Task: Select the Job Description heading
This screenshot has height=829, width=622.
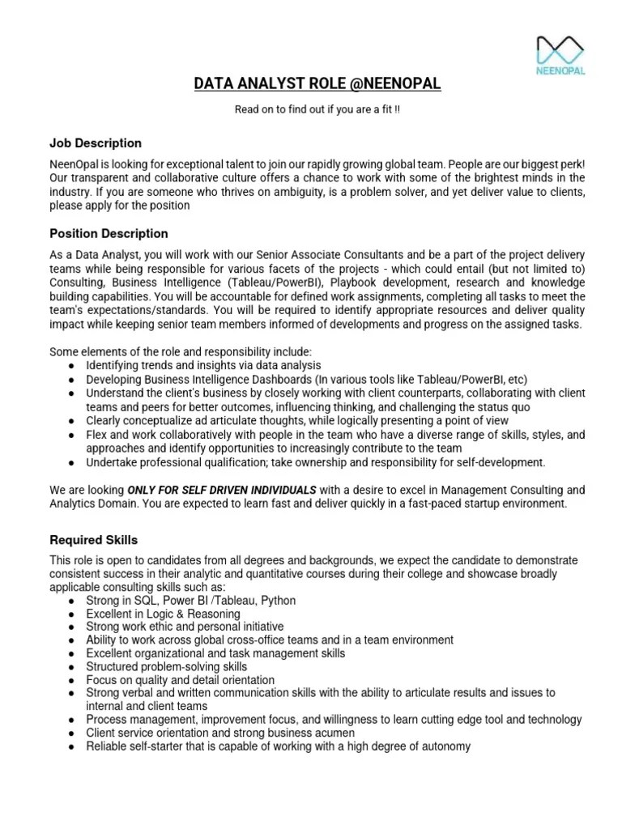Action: (96, 143)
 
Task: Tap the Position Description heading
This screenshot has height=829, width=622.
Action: (109, 234)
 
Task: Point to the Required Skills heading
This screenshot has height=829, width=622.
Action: (94, 540)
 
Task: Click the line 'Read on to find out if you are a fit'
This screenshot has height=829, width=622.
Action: (317, 110)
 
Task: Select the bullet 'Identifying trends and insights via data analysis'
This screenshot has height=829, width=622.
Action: (203, 366)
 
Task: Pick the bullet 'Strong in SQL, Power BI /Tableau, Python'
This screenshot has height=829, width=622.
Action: (191, 601)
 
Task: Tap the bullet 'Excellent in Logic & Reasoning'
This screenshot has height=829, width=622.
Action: (164, 614)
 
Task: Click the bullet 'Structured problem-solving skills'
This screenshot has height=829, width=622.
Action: (167, 667)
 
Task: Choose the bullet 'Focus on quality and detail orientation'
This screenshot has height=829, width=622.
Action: (181, 680)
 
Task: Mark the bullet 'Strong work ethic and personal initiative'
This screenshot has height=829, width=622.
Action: (185, 627)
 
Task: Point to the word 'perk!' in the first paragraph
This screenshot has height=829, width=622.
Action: (569, 164)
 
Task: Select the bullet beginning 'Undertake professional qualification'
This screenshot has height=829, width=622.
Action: (316, 462)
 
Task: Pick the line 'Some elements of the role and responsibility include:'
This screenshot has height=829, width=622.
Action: (181, 352)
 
